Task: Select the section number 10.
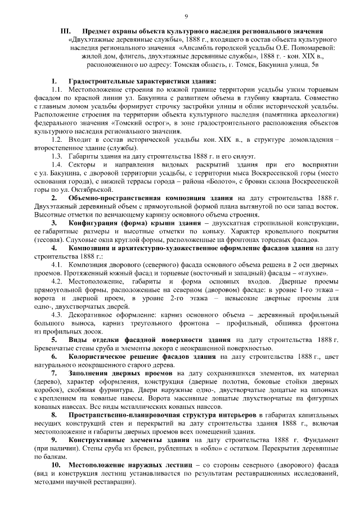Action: pyautogui.click(x=56, y=466)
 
